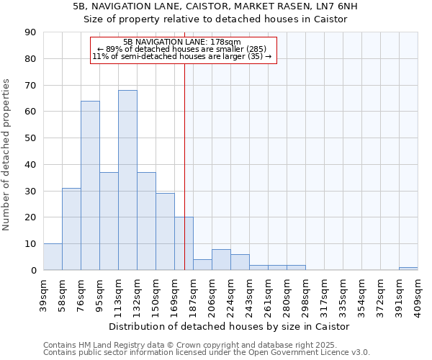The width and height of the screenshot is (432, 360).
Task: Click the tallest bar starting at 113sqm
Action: pyautogui.click(x=127, y=180)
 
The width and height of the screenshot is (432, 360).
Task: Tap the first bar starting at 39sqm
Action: pyautogui.click(x=53, y=257)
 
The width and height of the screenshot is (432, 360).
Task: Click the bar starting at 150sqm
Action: pyautogui.click(x=165, y=232)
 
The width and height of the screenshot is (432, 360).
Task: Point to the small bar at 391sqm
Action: pyautogui.click(x=408, y=269)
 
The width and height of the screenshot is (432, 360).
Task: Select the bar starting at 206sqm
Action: pyautogui.click(x=221, y=260)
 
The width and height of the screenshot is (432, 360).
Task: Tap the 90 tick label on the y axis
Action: pyautogui.click(x=30, y=32)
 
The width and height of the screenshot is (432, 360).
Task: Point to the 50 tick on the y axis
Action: pyautogui.click(x=30, y=138)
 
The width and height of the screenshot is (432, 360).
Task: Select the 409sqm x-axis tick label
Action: pyautogui.click(x=418, y=294)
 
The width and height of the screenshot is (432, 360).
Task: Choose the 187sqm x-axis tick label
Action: pyautogui.click(x=194, y=294)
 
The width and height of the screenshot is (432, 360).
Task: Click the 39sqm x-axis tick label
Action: pyautogui.click(x=44, y=294)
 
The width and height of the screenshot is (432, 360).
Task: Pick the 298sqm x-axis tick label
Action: pyautogui.click(x=306, y=294)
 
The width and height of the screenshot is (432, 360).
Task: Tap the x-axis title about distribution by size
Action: pyautogui.click(x=230, y=326)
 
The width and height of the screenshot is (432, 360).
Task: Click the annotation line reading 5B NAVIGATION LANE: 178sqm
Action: pyautogui.click(x=182, y=42)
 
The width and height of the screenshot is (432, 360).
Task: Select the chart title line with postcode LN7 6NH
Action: pyautogui.click(x=215, y=6)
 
